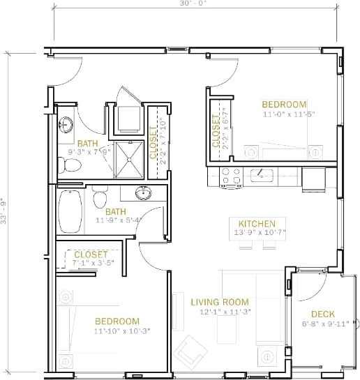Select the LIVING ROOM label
click(216, 302)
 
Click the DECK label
click(324, 314)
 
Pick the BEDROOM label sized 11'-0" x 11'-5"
click(285, 103)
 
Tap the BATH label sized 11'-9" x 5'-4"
click(116, 211)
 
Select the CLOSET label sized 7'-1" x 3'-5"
click(91, 254)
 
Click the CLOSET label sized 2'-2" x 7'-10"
click(154, 142)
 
